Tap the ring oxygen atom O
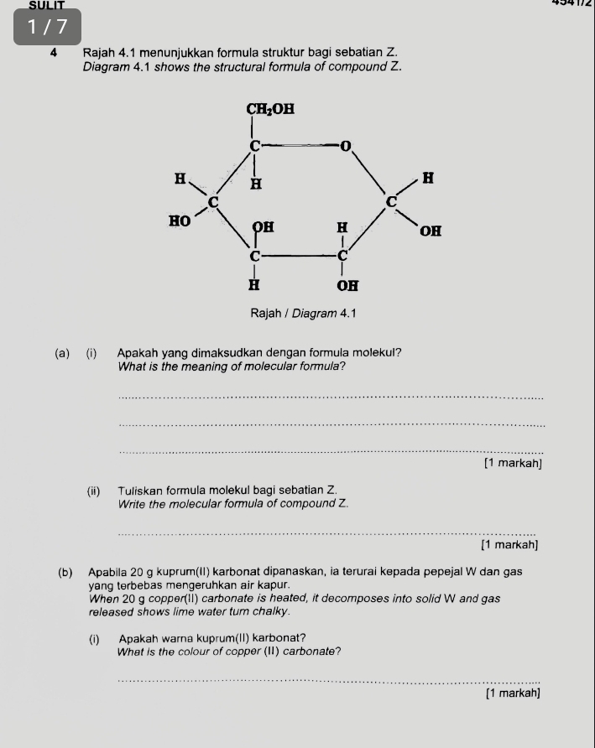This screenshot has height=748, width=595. click(x=344, y=146)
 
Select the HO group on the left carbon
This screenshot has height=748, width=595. click(x=178, y=221)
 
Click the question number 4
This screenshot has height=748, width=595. click(x=53, y=52)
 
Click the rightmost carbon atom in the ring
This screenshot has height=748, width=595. click(x=390, y=201)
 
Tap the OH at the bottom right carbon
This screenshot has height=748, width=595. click(x=347, y=286)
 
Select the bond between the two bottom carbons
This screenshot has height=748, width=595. click(x=298, y=253)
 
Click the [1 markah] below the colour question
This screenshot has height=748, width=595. click(x=512, y=693)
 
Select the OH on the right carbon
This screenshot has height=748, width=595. click(x=431, y=231)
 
